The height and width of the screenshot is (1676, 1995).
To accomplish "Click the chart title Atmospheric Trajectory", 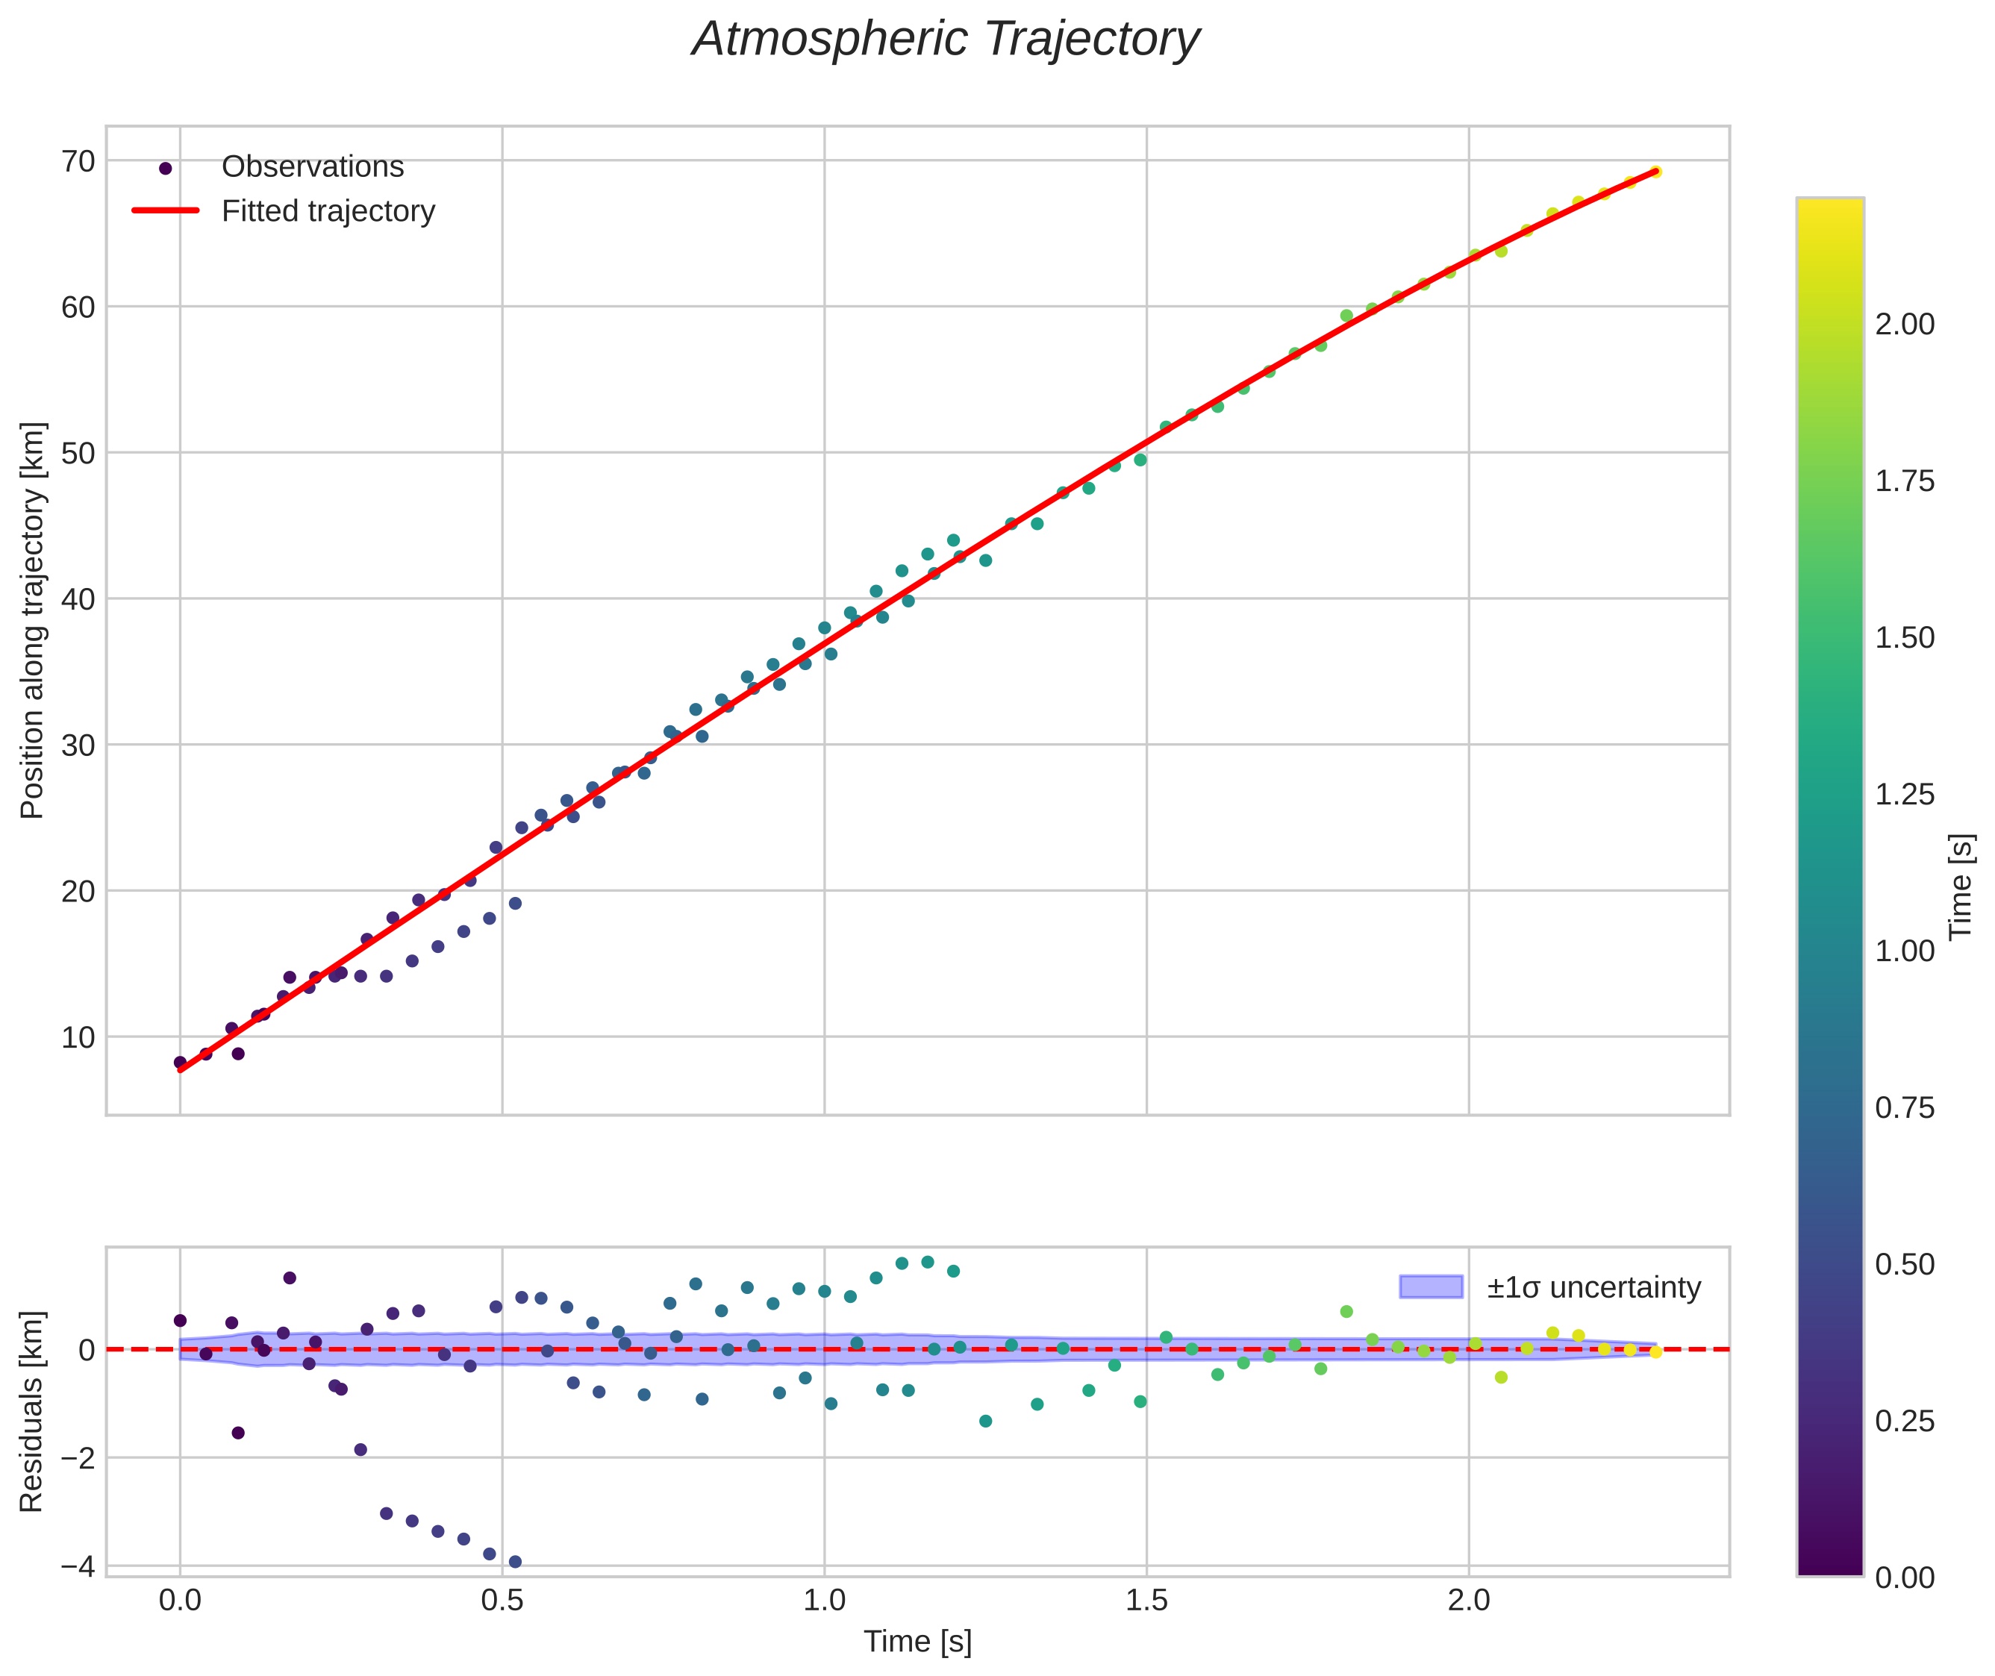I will (946, 40).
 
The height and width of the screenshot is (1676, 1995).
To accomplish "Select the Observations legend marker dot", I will (166, 168).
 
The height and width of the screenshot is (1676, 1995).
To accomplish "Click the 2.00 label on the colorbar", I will (1904, 325).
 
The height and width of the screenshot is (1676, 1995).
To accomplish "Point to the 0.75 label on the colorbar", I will (1904, 1108).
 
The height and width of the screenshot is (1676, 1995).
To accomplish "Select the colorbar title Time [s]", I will (1961, 887).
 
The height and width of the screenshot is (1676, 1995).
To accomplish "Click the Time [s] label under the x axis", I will (917, 1642).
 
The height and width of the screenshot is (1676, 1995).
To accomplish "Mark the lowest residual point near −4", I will (515, 1561).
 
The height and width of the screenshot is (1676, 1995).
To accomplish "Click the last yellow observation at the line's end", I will (1655, 172).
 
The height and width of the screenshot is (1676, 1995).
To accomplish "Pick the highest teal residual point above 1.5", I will (928, 1262).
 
